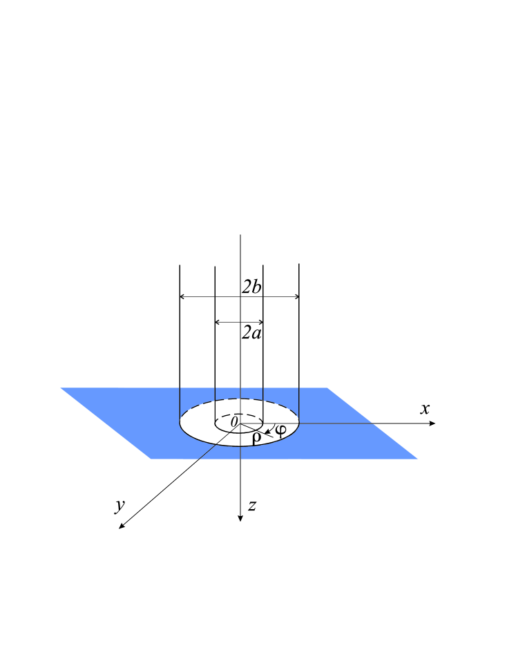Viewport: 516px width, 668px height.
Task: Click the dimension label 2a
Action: [251, 334]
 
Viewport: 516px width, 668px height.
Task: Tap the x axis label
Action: [426, 408]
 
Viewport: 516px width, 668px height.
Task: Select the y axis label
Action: [120, 506]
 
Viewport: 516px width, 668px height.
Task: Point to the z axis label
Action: [253, 506]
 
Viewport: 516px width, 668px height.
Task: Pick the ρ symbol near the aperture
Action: [256, 437]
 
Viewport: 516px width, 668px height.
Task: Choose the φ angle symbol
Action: [280, 430]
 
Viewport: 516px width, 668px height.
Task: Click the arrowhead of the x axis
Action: [432, 423]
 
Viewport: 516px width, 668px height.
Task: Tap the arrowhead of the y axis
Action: [122, 527]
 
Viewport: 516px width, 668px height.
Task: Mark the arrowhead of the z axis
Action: [240, 518]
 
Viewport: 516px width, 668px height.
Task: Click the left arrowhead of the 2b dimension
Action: [182, 296]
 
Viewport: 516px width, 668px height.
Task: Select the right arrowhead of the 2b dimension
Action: [296, 296]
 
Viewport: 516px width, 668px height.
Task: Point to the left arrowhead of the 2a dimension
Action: [218, 322]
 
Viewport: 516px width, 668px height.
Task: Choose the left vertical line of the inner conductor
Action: [216, 345]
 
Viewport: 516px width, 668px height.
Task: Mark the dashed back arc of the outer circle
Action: [240, 399]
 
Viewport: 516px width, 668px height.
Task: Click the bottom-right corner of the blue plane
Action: [416, 458]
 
